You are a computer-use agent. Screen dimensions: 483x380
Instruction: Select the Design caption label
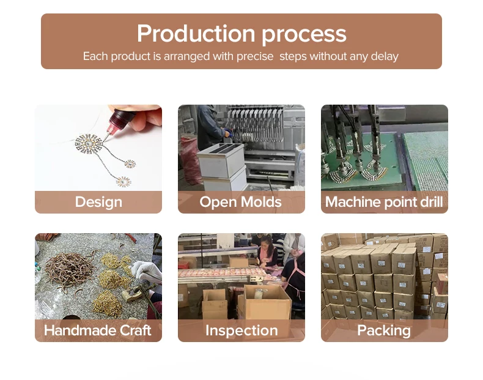pos(98,202)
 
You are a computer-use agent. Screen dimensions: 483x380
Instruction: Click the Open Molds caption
pos(241,202)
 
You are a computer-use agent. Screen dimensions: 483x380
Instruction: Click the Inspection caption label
pos(241,331)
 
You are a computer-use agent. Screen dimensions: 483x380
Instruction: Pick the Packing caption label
pos(384,331)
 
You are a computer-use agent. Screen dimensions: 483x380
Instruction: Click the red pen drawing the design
pos(116,125)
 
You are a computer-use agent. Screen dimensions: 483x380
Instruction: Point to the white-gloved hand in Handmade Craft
pos(144,270)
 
